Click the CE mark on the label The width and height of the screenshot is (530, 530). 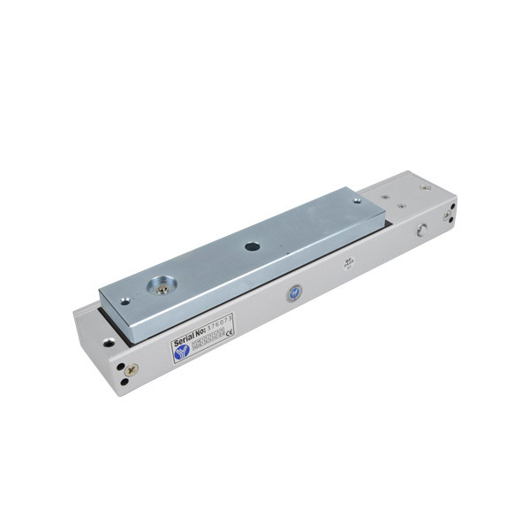coord(231,333)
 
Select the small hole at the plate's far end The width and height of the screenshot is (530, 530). coord(356,202)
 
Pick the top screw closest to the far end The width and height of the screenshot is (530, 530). coord(425,186)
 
